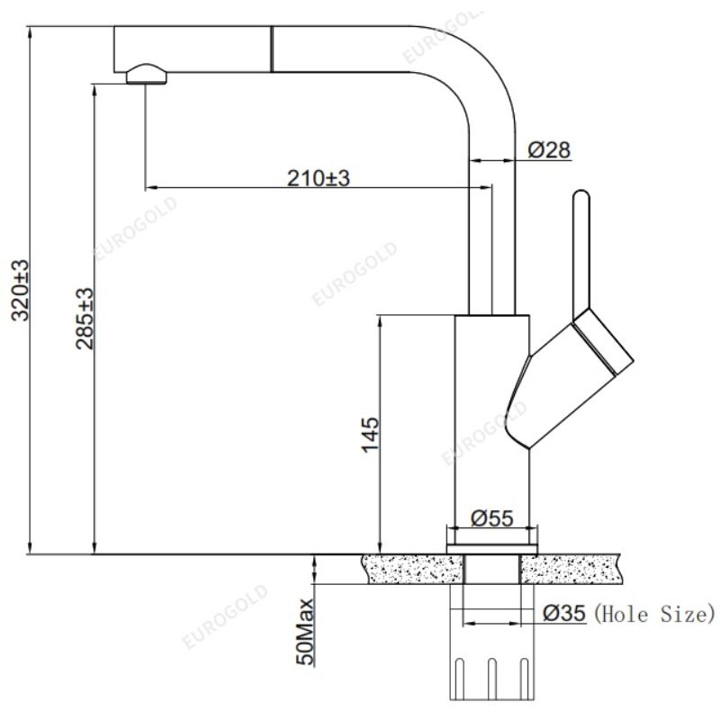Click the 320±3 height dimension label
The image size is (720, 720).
[x=20, y=290]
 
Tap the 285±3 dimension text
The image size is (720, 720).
[x=85, y=319]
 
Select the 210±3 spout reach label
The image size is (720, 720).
[x=319, y=178]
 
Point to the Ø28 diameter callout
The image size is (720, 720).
[x=549, y=149]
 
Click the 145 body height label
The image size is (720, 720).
[x=370, y=435]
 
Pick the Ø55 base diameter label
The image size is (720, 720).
[x=491, y=518]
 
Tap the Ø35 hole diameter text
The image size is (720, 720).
[x=564, y=613]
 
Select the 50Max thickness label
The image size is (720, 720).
[x=304, y=632]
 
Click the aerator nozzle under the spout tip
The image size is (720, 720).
[x=147, y=75]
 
